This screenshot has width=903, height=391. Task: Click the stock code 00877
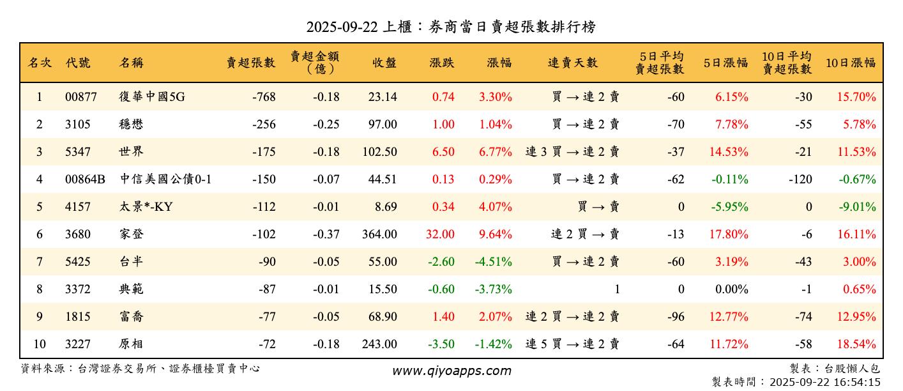pos(81,97)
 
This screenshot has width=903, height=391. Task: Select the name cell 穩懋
pos(132,125)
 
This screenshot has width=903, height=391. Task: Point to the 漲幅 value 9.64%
pos(496,234)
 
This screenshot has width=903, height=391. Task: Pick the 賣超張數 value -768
pos(264,97)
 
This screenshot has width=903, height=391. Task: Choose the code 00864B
pos(85,180)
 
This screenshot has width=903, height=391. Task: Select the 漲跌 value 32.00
pos(441,234)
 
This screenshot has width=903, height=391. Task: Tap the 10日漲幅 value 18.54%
pos(856,344)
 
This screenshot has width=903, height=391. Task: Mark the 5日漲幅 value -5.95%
pos(728,207)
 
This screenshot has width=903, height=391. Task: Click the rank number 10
pos(40,344)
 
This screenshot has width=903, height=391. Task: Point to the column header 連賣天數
pos(573,63)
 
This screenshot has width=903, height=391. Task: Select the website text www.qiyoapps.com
pos(451,371)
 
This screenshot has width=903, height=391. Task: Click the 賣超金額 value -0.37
pos(326,234)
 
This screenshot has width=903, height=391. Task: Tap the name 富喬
pos(132,317)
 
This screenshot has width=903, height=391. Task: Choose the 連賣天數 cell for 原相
pos(572,344)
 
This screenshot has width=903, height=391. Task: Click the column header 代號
pos(78,63)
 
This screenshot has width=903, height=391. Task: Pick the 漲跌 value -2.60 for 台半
pos(441,262)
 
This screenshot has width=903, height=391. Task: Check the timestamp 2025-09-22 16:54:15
pos(825,383)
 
